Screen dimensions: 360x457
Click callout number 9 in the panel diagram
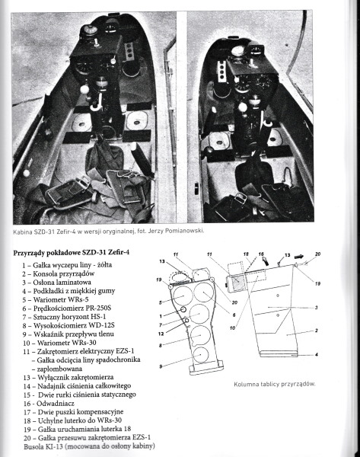tap(161, 366)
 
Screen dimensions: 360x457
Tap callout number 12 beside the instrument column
tap(161, 334)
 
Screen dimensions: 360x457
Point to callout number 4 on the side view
tap(317, 355)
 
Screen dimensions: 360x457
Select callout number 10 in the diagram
tap(232, 328)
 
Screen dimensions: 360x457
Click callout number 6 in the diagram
tap(234, 315)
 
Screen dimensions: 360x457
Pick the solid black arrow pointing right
tap(299, 257)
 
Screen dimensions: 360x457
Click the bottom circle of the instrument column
tap(201, 355)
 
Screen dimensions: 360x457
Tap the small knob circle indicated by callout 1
tap(183, 309)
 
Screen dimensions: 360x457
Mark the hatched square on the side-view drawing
tap(238, 282)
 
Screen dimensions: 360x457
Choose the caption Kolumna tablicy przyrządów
tap(274, 384)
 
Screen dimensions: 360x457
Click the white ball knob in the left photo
tap(84, 89)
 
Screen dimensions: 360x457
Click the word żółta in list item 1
tap(104, 265)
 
